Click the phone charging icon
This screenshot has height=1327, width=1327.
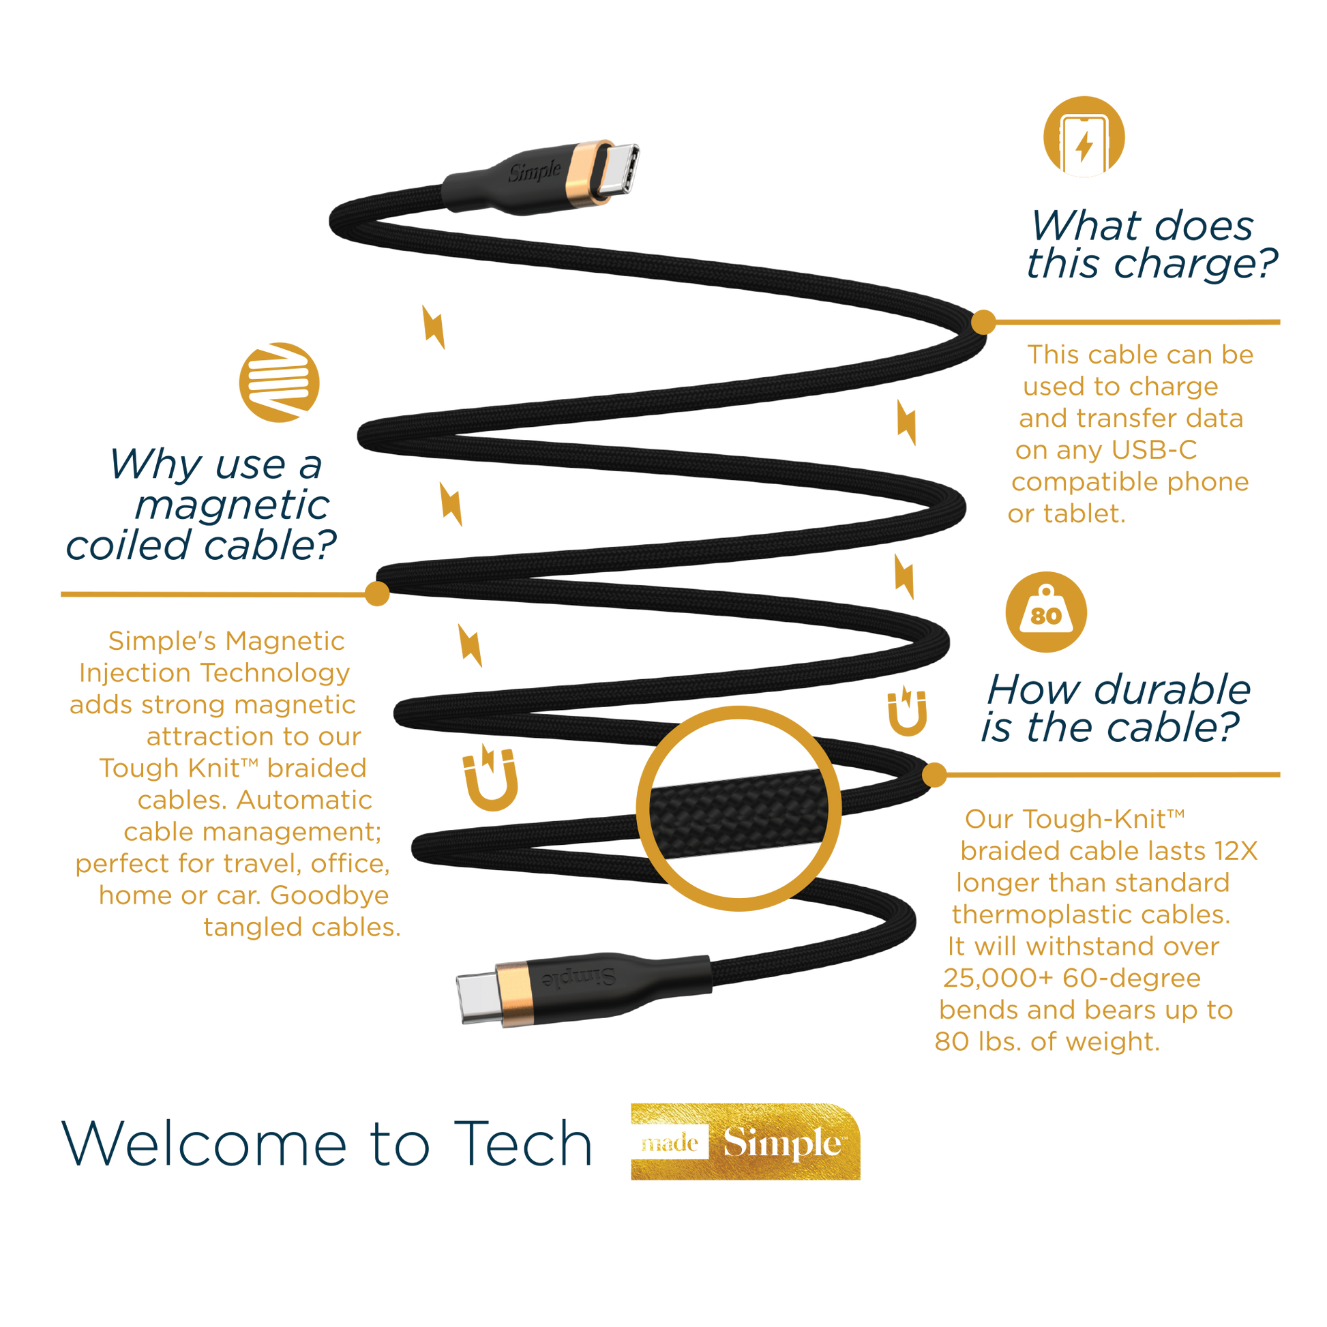coord(1084,136)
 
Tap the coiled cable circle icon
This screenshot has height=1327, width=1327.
coord(279,383)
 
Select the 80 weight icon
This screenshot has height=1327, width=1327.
coord(1046,612)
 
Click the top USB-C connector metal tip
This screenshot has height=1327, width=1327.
coord(619,169)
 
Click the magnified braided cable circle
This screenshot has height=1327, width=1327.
coord(739,809)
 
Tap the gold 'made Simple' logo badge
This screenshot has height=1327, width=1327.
coord(745,1142)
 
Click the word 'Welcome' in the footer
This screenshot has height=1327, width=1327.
coord(205,1144)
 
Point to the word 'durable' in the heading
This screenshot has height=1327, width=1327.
coord(1172,689)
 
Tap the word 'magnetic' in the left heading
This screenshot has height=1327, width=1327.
coord(232,505)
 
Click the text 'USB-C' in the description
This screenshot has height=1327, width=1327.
coord(1154,450)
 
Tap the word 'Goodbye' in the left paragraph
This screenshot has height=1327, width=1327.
coord(329,896)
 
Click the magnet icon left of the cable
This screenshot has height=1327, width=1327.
coord(490,777)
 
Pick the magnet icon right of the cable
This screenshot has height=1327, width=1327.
coord(907,711)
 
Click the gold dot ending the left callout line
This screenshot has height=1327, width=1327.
coord(377,593)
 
